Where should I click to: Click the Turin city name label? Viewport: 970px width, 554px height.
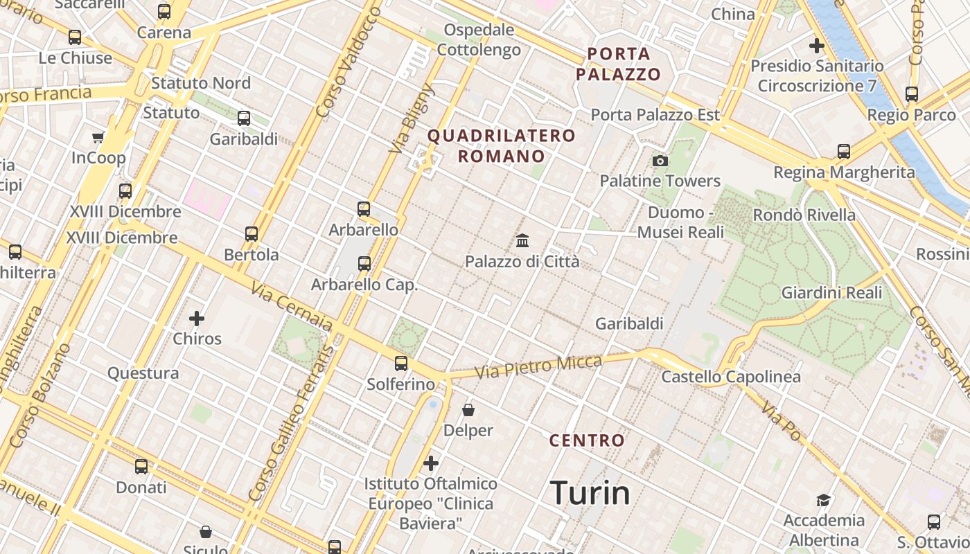point(590,493)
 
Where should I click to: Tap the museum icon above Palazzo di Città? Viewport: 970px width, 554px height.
point(522,241)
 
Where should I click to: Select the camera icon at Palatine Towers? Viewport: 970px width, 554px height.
point(660,161)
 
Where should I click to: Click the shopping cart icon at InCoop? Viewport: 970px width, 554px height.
point(98,137)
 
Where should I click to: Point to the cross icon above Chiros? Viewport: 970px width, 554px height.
point(197,319)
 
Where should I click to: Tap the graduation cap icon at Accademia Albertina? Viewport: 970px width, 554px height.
point(823,500)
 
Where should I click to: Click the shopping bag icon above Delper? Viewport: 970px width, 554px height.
point(468,410)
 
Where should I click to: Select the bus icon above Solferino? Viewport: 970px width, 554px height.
point(400,363)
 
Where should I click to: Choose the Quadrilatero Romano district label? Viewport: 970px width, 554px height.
point(502,145)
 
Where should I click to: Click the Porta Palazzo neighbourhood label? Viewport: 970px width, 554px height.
point(619,64)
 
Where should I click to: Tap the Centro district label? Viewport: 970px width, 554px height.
point(587,440)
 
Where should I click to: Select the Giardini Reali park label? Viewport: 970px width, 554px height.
point(831,293)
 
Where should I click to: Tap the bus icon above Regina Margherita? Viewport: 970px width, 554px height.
point(843,151)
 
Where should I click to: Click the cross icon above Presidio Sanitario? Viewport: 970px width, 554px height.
point(817,46)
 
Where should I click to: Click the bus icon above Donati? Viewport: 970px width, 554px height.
point(141,467)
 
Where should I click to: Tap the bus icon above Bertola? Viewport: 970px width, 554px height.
point(252,234)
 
